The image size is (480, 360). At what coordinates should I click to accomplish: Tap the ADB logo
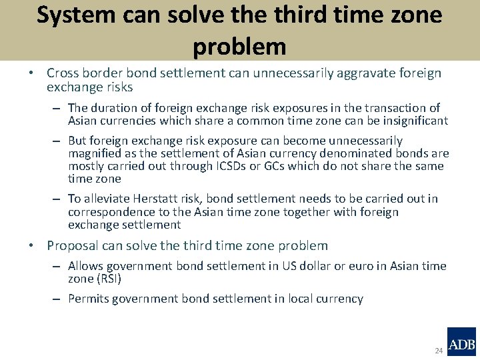(461, 342)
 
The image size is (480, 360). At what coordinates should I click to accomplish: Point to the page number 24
(438, 351)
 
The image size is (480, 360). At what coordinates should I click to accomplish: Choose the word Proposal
(72, 246)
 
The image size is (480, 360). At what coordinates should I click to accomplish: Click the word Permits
(89, 299)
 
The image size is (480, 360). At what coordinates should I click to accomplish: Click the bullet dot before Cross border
(32, 73)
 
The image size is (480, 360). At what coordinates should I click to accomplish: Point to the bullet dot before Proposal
(32, 246)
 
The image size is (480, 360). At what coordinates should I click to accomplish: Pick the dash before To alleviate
(58, 199)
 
